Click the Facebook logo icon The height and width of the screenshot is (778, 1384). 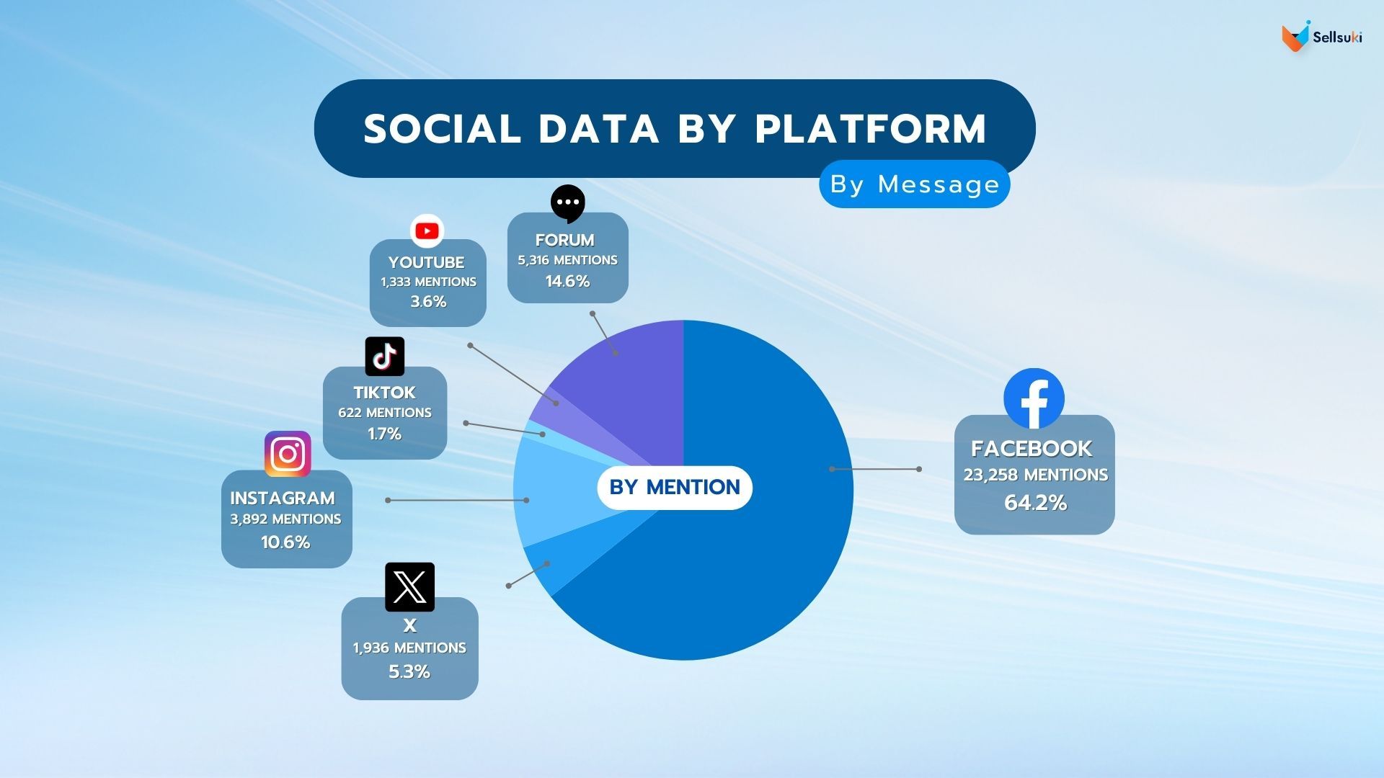(x=1034, y=399)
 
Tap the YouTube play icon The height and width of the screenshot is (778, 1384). (x=427, y=231)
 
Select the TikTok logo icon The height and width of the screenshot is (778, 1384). (x=385, y=356)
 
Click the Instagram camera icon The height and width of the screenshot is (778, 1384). (x=288, y=454)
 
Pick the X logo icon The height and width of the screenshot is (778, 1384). (x=409, y=586)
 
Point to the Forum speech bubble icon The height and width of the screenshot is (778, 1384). (x=568, y=202)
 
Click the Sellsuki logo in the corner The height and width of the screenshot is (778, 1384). (x=1321, y=37)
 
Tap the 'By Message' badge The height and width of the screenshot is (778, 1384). (x=914, y=184)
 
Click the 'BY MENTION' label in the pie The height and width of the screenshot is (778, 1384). (x=675, y=488)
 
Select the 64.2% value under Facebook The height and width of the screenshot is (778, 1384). (x=1035, y=503)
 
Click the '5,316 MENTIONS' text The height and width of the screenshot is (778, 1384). (x=567, y=260)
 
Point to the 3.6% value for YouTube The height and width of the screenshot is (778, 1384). (x=428, y=302)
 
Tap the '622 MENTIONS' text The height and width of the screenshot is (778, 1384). (x=385, y=413)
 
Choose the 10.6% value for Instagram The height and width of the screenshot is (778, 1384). (x=285, y=542)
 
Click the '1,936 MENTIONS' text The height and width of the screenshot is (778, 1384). (x=409, y=648)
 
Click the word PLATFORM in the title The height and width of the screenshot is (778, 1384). (x=870, y=129)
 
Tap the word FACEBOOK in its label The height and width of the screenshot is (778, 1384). (x=1032, y=449)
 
